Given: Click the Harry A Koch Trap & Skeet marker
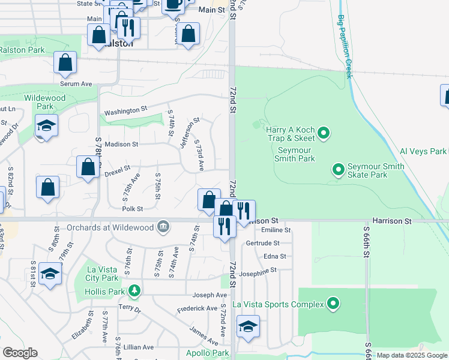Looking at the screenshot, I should pyautogui.click(x=324, y=132).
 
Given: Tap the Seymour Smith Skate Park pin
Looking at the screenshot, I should pyautogui.click(x=339, y=170).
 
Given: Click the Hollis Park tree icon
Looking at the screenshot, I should pyautogui.click(x=135, y=292).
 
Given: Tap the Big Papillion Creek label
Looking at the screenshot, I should pyautogui.click(x=344, y=46).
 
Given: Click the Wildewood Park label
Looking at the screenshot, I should pyautogui.click(x=44, y=102).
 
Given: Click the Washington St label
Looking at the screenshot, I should pyautogui.click(x=125, y=111).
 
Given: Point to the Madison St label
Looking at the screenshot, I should pyautogui.click(x=121, y=145).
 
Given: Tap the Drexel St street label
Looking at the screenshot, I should pyautogui.click(x=117, y=169).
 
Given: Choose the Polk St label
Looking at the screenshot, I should pyautogui.click(x=132, y=209).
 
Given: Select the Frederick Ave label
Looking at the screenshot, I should pyautogui.click(x=197, y=308).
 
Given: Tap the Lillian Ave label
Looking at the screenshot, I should pyautogui.click(x=139, y=347).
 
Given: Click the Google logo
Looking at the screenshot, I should pyautogui.click(x=20, y=353).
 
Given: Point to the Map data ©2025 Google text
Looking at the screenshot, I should pyautogui.click(x=412, y=355).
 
